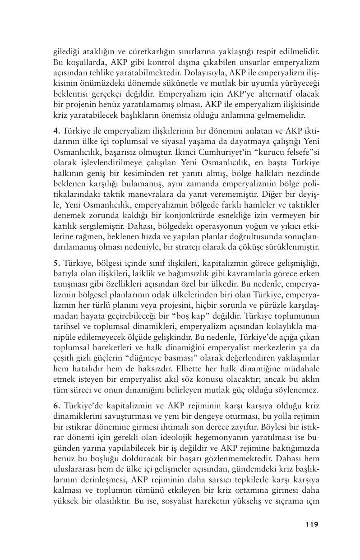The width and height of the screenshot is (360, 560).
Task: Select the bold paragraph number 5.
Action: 55,262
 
